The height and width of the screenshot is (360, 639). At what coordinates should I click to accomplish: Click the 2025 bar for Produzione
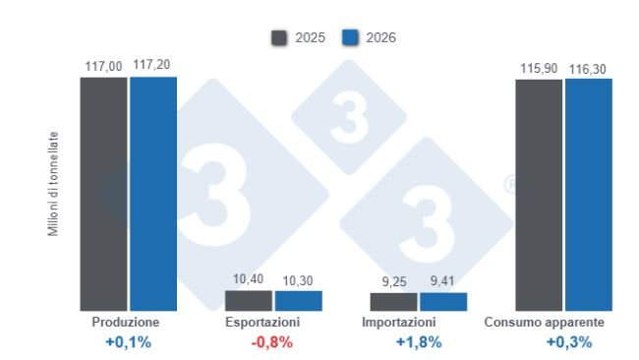(x=103, y=194)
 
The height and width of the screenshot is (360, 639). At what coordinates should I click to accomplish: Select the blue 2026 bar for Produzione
(x=152, y=194)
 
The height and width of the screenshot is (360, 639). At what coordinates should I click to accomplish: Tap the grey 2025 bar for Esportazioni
(x=248, y=300)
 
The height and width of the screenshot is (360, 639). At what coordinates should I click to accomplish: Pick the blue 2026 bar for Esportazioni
(x=298, y=301)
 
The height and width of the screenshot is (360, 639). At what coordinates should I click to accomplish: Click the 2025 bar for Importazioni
(x=393, y=302)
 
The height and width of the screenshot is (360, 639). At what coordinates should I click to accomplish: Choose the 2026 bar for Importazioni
(x=443, y=302)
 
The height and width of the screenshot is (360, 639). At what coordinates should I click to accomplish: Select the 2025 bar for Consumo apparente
(x=539, y=195)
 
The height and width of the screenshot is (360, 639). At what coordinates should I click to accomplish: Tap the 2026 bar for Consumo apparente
(x=588, y=195)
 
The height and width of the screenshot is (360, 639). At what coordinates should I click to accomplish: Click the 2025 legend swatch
(x=279, y=38)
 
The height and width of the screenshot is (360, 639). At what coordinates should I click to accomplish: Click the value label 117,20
(x=152, y=65)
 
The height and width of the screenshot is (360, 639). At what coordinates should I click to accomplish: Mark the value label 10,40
(x=248, y=279)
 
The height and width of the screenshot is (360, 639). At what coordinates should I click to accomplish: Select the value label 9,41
(x=443, y=281)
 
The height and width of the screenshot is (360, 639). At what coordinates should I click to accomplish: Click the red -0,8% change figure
(x=272, y=343)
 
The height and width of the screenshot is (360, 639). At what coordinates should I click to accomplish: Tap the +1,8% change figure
(x=418, y=343)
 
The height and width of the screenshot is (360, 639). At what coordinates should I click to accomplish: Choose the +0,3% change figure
(x=569, y=343)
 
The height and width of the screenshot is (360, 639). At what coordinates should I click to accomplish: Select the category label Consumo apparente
(x=545, y=323)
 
